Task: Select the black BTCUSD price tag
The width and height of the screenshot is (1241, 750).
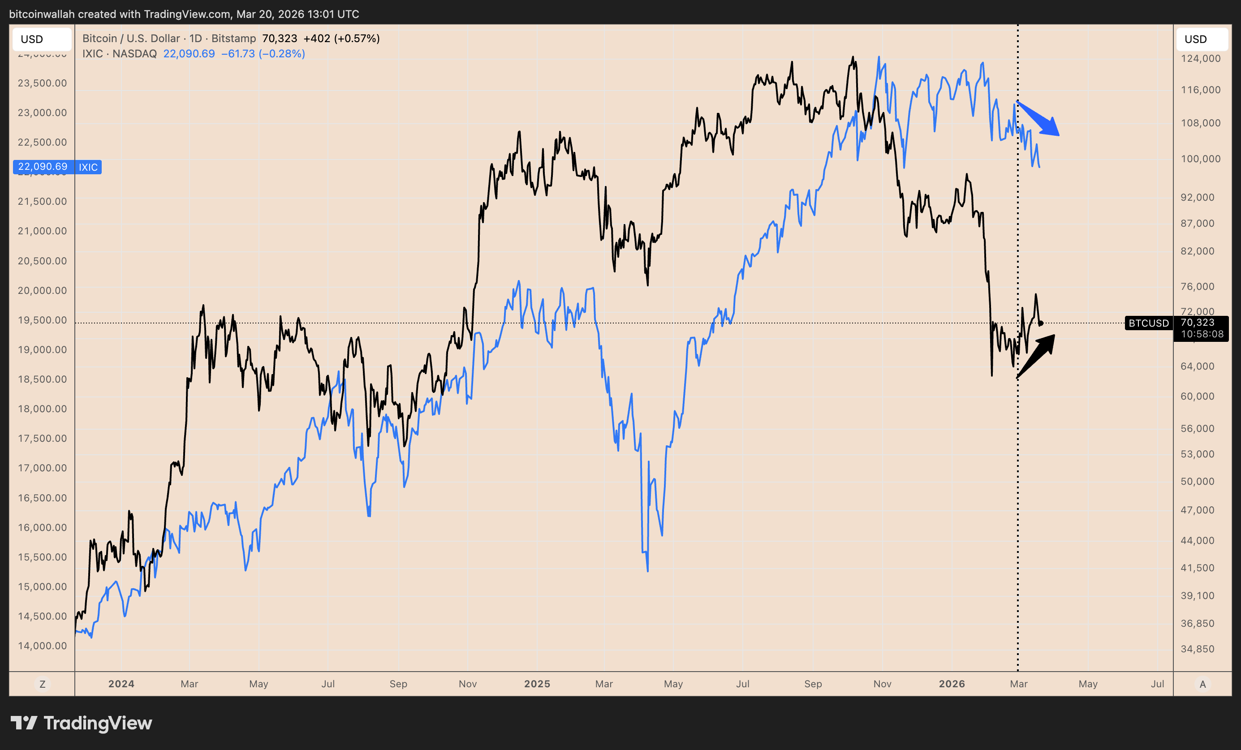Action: pos(1148,323)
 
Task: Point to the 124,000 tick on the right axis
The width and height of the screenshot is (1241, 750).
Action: pos(1201,58)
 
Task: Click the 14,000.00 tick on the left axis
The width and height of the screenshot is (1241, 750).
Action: pos(42,646)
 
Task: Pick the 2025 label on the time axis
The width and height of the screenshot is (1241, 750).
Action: pos(537,684)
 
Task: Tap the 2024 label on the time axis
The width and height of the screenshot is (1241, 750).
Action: pos(121,684)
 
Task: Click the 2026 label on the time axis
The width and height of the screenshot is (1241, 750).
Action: pos(952,684)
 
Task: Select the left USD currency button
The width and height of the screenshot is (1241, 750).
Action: pos(32,39)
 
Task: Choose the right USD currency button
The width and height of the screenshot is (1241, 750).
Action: pos(1195,39)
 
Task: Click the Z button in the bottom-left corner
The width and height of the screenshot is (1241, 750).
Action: pos(42,684)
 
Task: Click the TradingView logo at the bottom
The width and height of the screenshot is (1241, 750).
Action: pos(82,723)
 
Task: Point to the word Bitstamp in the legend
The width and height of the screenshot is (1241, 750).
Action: pos(233,38)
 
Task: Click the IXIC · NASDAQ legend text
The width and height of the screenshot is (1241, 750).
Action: pos(119,53)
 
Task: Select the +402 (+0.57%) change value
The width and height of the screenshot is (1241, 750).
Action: pos(341,38)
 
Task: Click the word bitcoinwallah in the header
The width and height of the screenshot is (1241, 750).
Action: pos(42,14)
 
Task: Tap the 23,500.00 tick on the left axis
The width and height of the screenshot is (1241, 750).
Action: pos(42,83)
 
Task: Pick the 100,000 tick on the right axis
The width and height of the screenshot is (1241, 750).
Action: pos(1201,159)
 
